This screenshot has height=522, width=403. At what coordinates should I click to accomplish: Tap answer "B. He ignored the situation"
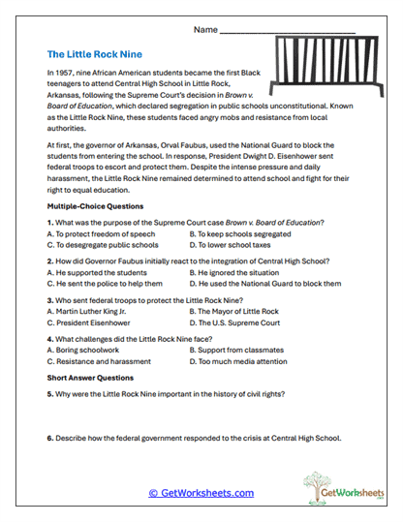[x=237, y=272]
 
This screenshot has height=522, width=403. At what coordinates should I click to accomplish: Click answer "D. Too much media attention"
[x=237, y=361]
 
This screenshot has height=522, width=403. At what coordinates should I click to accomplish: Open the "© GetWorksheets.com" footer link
[x=201, y=493]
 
